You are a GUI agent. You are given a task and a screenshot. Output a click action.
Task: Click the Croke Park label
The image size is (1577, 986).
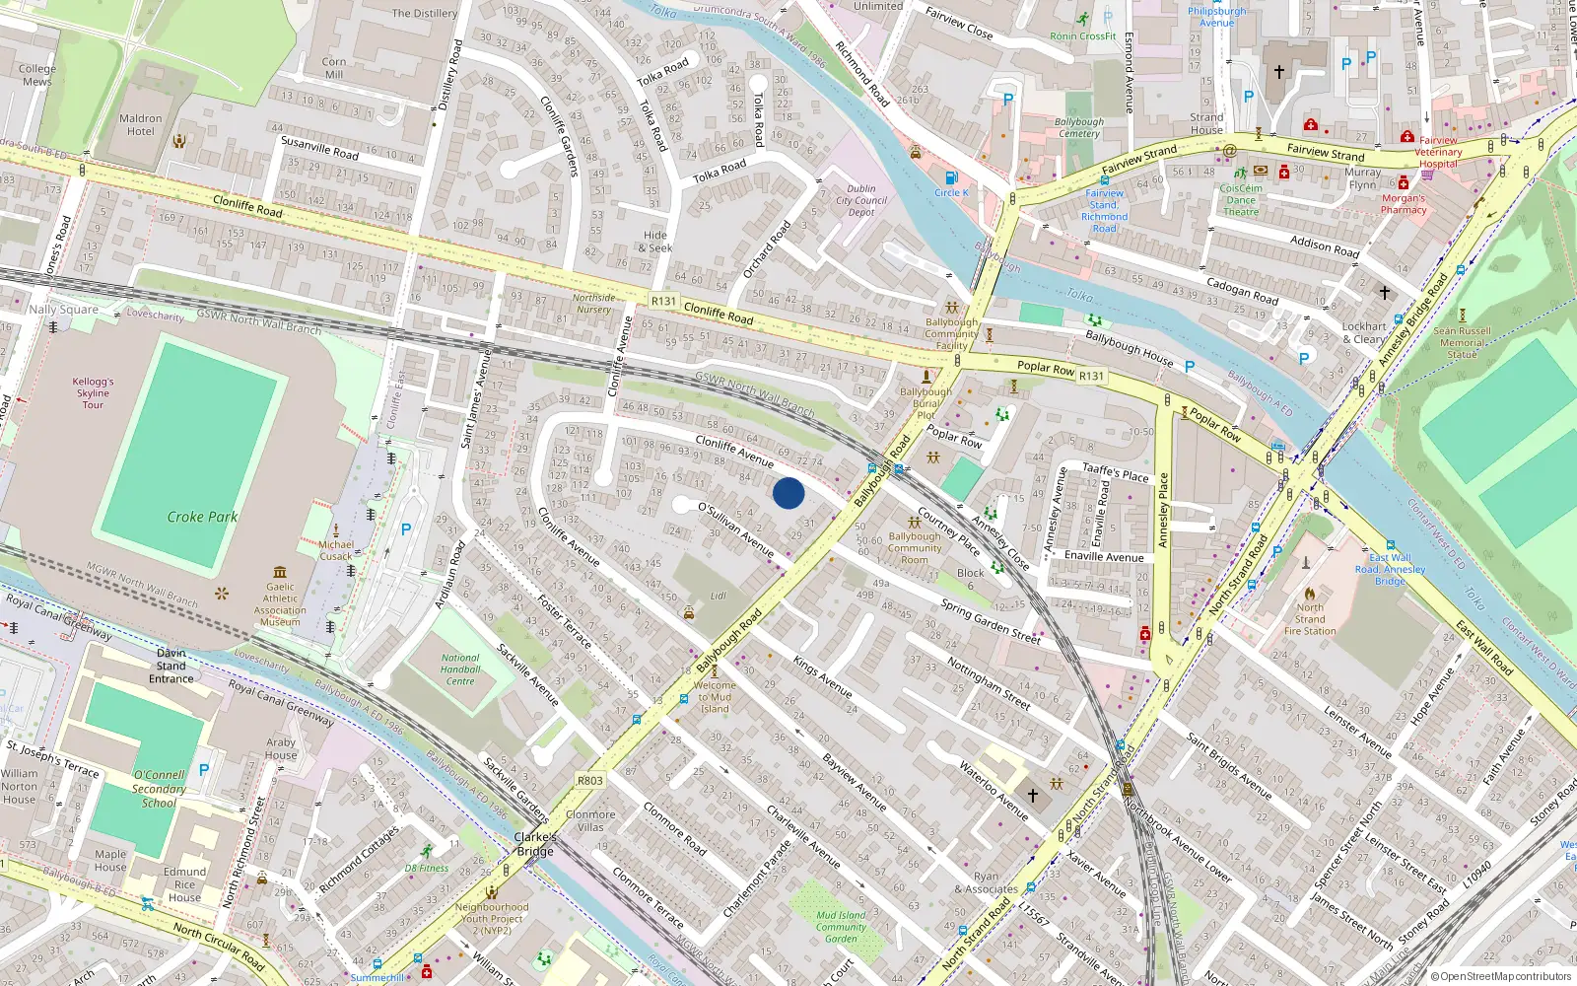pyautogui.click(x=202, y=517)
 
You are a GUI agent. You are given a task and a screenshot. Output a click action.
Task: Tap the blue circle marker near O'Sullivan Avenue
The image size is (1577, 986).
pyautogui.click(x=788, y=493)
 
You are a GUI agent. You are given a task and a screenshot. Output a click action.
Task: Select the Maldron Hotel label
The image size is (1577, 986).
pyautogui.click(x=141, y=125)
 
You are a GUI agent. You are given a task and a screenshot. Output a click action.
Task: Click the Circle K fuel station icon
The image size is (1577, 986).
pyautogui.click(x=950, y=178)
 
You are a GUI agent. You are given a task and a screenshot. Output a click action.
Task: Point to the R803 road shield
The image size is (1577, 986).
pyautogui.click(x=589, y=780)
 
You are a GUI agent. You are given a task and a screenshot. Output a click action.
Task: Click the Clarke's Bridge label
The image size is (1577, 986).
pyautogui.click(x=535, y=844)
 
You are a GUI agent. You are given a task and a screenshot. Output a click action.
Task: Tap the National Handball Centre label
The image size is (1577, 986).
pyautogui.click(x=460, y=669)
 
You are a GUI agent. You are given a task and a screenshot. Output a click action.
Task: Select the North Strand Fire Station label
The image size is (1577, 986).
pyautogui.click(x=1310, y=619)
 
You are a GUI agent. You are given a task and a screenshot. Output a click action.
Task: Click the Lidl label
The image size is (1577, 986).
pyautogui.click(x=718, y=597)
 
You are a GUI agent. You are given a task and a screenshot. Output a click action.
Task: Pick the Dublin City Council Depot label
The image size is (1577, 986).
pyautogui.click(x=861, y=200)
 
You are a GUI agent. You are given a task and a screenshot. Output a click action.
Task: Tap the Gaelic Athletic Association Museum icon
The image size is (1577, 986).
pyautogui.click(x=280, y=572)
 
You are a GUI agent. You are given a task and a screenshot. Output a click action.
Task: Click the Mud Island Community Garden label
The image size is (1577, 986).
pyautogui.click(x=841, y=927)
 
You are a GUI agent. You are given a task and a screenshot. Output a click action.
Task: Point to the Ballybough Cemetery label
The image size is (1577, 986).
pyautogui.click(x=1078, y=128)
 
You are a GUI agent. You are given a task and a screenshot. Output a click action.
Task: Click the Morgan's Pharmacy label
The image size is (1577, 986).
pyautogui.click(x=1404, y=204)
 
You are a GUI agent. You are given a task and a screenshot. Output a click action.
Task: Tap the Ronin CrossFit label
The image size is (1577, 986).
pyautogui.click(x=1082, y=36)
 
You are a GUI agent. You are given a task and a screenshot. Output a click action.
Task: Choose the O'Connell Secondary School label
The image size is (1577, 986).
pyautogui.click(x=159, y=789)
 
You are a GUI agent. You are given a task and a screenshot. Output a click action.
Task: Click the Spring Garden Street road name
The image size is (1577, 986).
pyautogui.click(x=990, y=621)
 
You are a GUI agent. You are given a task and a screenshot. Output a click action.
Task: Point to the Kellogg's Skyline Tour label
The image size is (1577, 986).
pyautogui.click(x=94, y=393)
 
